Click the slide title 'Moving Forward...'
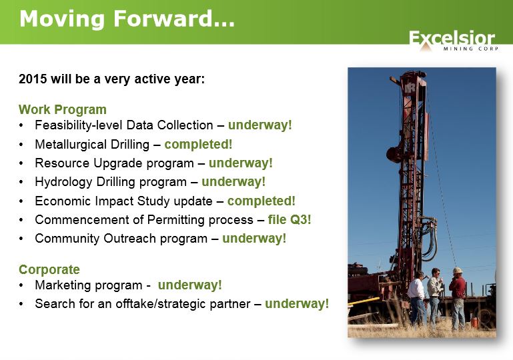click(127, 19)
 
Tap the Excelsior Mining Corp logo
click(454, 41)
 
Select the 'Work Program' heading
click(63, 109)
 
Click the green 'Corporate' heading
click(49, 269)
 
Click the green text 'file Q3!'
click(290, 220)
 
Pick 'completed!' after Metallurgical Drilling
click(198, 144)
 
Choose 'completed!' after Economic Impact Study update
click(262, 201)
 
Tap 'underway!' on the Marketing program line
click(189, 285)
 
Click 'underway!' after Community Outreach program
click(254, 239)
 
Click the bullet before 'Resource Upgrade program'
click(21, 163)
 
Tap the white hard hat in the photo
click(458, 271)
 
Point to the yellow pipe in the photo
click(363, 301)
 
